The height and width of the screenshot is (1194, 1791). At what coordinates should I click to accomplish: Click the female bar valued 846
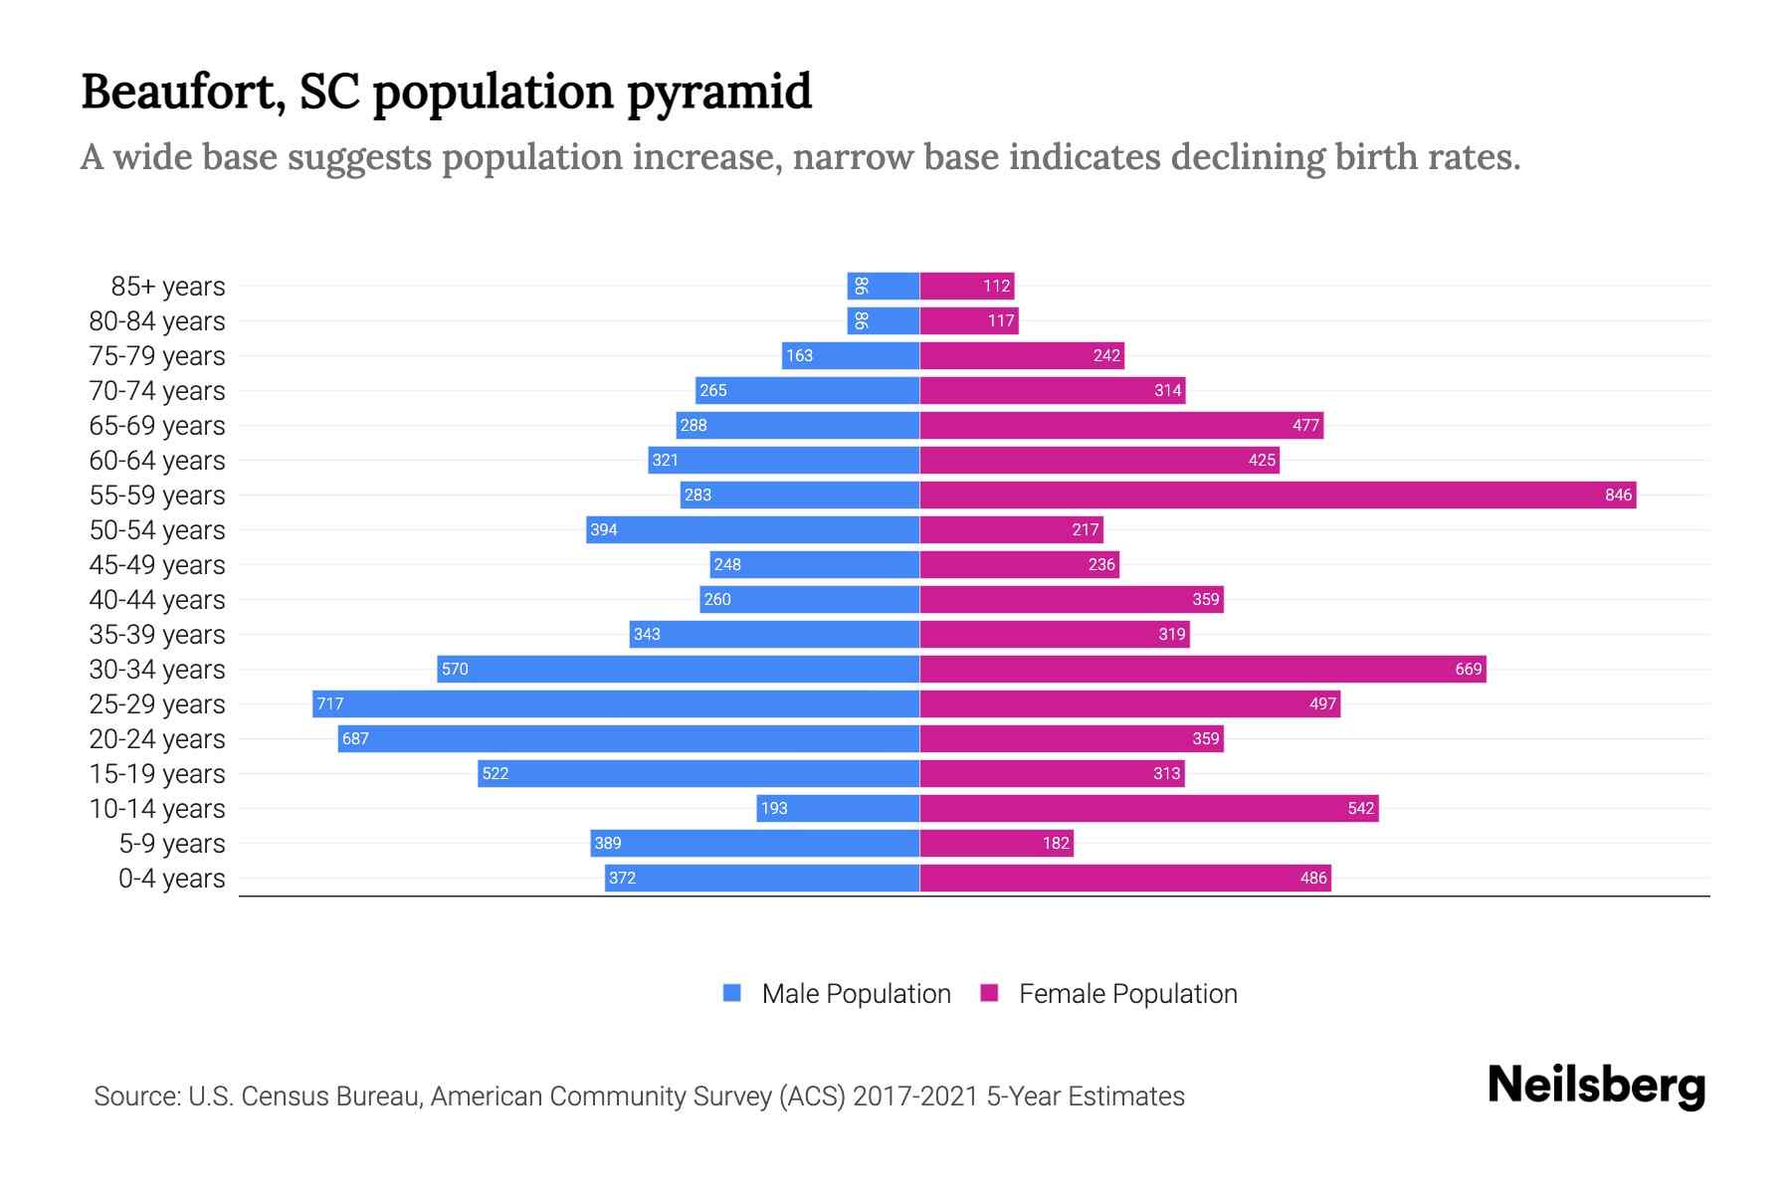point(1278,495)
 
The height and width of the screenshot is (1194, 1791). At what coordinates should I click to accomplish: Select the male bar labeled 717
point(615,703)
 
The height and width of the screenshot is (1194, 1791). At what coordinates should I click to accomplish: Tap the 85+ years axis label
point(167,287)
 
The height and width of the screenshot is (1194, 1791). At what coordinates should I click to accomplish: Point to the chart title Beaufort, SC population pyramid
point(446,92)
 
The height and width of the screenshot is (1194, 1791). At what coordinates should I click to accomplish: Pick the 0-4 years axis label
point(171,879)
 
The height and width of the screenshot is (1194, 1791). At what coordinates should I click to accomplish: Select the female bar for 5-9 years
point(996,843)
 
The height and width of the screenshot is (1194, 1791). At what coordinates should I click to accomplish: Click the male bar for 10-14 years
point(838,808)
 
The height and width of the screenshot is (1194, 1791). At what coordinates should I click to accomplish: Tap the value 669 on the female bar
point(1468,669)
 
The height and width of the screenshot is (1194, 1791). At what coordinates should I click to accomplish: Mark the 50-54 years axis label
point(157,530)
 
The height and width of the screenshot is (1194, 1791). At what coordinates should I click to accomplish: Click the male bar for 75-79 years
point(851,355)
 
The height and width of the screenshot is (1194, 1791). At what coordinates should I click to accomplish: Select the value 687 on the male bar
point(355,738)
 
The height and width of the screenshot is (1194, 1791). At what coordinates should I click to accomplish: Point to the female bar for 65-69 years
point(1121,425)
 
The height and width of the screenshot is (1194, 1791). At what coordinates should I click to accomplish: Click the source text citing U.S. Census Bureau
point(639,1095)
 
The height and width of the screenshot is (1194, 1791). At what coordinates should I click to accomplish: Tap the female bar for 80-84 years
point(969,320)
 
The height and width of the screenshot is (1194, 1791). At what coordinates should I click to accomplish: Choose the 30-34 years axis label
point(157,670)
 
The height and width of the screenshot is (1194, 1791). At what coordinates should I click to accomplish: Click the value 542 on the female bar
point(1360,808)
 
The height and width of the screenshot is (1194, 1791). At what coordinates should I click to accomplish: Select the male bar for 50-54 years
point(752,529)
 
